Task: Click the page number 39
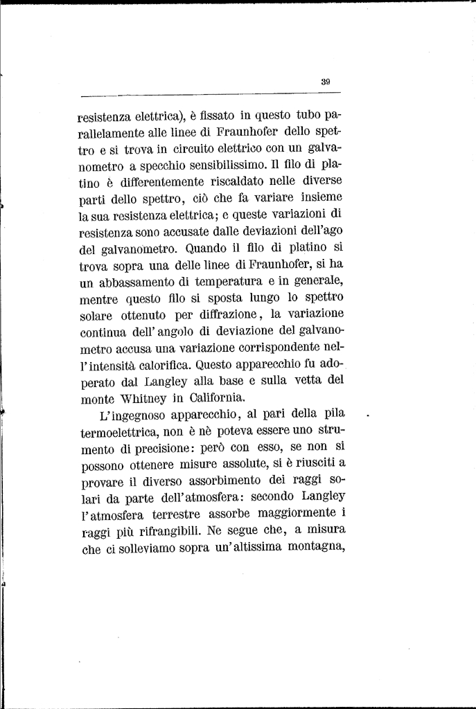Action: (x=326, y=81)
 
